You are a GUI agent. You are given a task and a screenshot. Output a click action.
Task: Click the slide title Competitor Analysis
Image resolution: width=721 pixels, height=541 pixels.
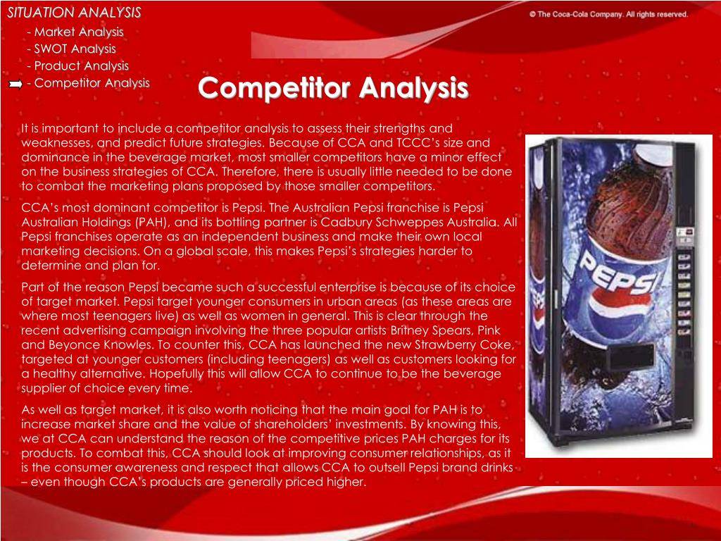(x=333, y=88)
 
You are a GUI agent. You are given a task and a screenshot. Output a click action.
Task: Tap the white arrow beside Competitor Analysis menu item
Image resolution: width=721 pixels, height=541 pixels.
(x=15, y=84)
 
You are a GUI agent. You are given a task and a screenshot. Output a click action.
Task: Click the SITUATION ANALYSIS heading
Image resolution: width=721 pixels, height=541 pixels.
(x=74, y=13)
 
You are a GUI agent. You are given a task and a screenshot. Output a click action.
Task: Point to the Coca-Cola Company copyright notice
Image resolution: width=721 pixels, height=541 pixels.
(x=609, y=14)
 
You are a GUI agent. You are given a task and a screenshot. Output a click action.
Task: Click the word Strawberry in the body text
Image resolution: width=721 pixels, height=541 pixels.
(x=444, y=345)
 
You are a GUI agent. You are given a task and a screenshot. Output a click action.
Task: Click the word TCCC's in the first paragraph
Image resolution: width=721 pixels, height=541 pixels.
(x=423, y=142)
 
